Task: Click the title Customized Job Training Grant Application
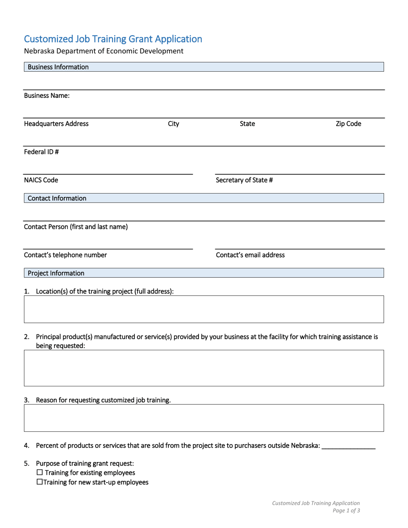click(113, 39)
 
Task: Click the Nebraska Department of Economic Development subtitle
click(104, 51)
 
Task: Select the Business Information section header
click(58, 67)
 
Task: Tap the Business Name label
click(46, 96)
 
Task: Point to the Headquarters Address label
click(56, 124)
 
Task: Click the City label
click(174, 124)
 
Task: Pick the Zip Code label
click(348, 124)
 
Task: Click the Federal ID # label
click(41, 152)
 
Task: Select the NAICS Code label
click(41, 180)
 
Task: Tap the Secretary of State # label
click(244, 180)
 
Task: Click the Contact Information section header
click(57, 198)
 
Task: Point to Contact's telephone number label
click(65, 255)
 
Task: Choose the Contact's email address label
click(250, 255)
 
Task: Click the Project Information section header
click(56, 273)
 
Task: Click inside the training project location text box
click(204, 309)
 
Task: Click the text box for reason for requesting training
click(204, 418)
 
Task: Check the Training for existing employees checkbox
click(40, 473)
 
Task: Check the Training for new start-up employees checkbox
click(40, 482)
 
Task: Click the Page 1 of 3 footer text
click(346, 511)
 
